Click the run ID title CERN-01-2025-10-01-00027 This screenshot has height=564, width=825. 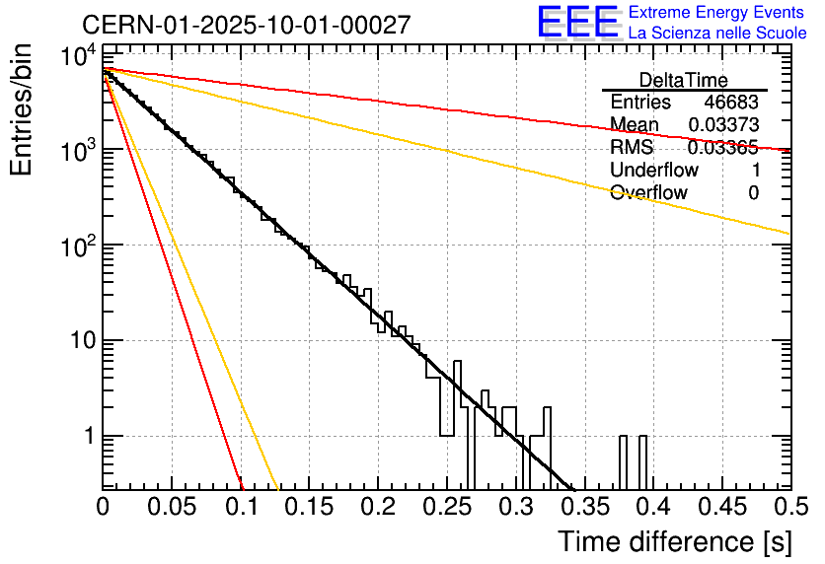tap(246, 25)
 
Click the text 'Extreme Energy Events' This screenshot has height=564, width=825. tap(717, 13)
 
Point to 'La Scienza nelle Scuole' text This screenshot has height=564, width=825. tap(717, 33)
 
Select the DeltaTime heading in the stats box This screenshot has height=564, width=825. tap(684, 80)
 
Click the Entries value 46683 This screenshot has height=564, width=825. tap(731, 103)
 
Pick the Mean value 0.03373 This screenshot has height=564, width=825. tap(723, 125)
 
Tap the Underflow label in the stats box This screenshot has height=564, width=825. tap(654, 171)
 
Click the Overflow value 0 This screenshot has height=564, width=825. tap(753, 193)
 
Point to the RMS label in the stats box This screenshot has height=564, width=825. tap(632, 148)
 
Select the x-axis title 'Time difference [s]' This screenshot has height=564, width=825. tap(674, 541)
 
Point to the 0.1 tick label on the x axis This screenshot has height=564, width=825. tap(240, 507)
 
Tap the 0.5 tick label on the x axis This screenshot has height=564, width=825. tap(788, 507)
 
